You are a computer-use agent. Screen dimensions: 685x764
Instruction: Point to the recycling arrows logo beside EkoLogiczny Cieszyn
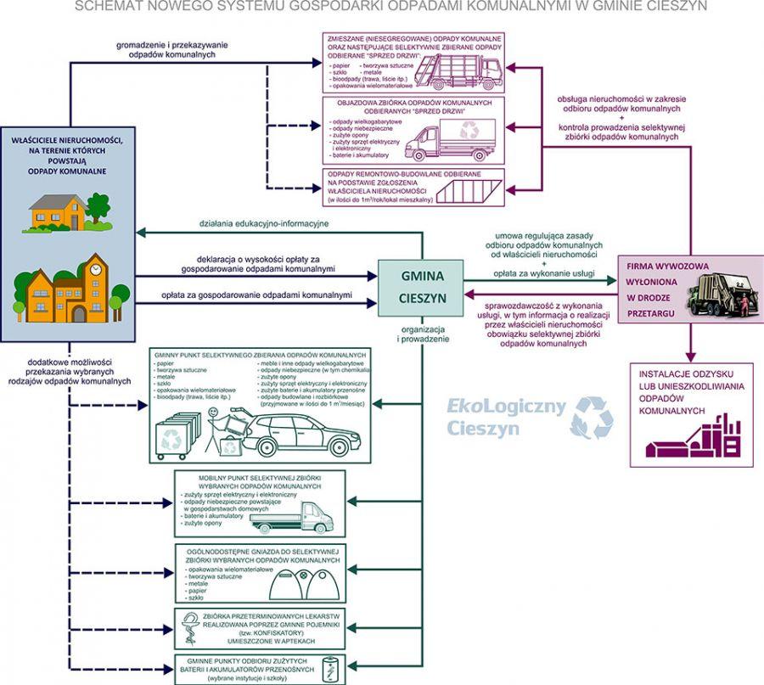(592, 417)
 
